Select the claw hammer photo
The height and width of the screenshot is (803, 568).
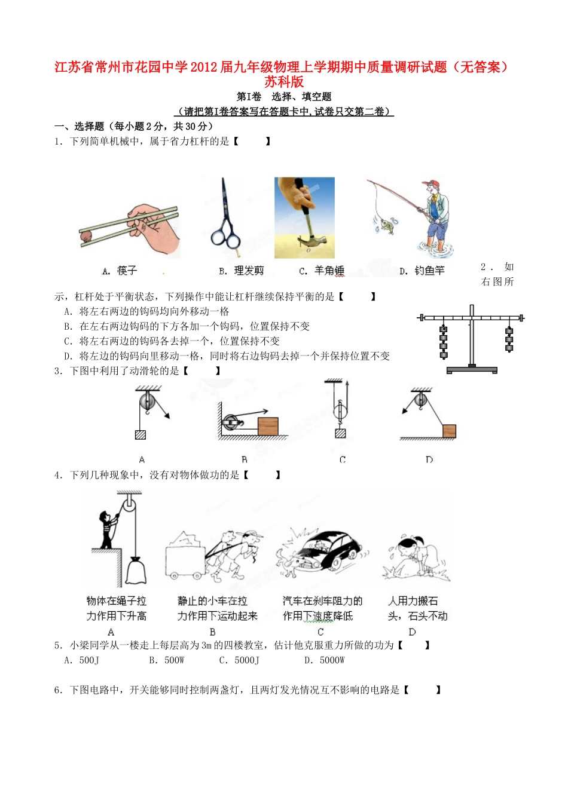[304, 217]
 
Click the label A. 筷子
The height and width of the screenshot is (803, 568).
[120, 271]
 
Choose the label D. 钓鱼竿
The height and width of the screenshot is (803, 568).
[422, 271]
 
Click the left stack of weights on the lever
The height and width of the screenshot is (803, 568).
[444, 341]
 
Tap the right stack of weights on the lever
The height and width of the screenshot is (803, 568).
[509, 339]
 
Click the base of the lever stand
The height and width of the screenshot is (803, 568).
[472, 369]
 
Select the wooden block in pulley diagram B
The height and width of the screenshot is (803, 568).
[268, 426]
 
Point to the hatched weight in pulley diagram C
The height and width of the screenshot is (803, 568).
[341, 433]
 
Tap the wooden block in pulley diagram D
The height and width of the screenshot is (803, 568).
[449, 431]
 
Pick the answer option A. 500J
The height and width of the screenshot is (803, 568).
[82, 660]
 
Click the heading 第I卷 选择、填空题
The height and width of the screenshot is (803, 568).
[284, 97]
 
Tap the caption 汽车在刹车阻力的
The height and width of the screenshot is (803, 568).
[322, 601]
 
